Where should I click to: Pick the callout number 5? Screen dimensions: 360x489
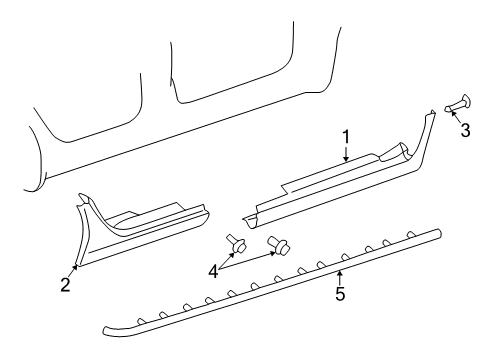(x=340, y=293)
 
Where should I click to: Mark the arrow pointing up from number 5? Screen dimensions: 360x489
(x=340, y=275)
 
